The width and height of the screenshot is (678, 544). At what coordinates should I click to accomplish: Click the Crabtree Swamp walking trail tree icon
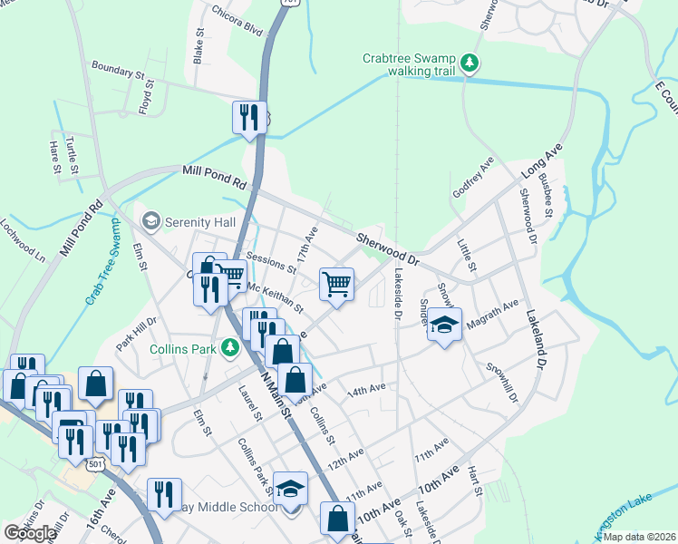470,63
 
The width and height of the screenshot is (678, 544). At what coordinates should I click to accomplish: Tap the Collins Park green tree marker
231,347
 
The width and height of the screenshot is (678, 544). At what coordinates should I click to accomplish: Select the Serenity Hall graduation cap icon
150,221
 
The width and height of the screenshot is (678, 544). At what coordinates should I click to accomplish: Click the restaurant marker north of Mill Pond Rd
247,118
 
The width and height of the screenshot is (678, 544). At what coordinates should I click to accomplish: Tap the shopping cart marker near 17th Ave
336,285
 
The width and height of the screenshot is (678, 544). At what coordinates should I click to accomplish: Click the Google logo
30,532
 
